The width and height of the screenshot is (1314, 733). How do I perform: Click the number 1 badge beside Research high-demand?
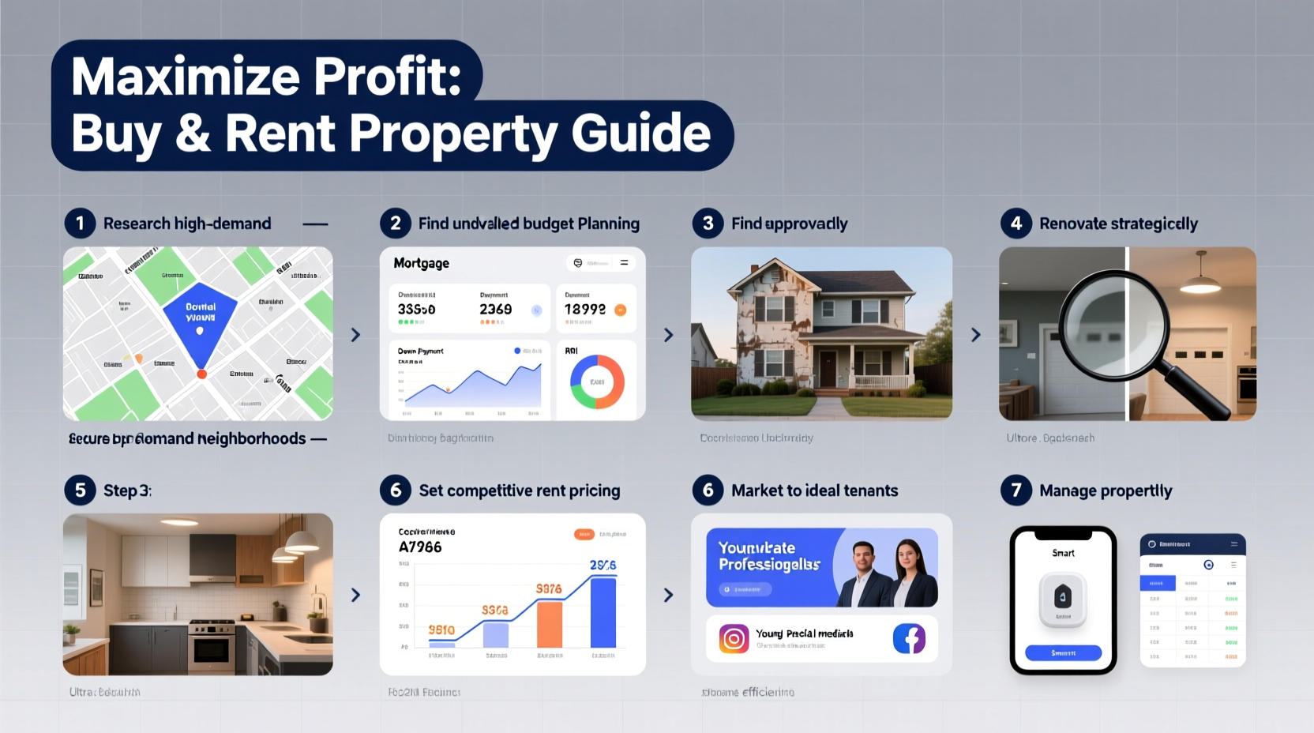[80, 224]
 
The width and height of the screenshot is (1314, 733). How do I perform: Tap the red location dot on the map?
[201, 374]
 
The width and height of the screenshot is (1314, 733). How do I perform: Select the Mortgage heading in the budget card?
[421, 263]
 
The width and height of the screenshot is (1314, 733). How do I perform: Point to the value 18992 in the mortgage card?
[585, 310]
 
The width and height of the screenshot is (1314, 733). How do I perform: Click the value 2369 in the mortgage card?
[495, 310]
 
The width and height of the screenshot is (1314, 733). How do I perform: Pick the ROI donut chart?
[597, 382]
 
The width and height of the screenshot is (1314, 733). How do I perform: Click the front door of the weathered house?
[827, 370]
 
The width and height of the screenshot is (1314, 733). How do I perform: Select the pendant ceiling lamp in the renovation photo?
[1200, 281]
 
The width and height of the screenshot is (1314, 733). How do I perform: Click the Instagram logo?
[734, 638]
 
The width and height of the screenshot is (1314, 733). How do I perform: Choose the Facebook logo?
[909, 638]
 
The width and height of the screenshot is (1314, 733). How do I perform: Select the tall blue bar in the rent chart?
[603, 612]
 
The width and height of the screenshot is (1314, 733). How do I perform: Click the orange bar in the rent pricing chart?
[549, 624]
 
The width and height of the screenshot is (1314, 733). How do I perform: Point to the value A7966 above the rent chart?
[420, 547]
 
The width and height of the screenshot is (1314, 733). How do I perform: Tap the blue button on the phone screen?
[1063, 652]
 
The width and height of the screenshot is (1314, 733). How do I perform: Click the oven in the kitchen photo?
[211, 648]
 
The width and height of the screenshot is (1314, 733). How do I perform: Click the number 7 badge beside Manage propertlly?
[1016, 491]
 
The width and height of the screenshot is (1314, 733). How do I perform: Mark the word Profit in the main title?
[387, 77]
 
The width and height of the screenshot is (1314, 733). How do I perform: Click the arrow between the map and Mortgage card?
[355, 335]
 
